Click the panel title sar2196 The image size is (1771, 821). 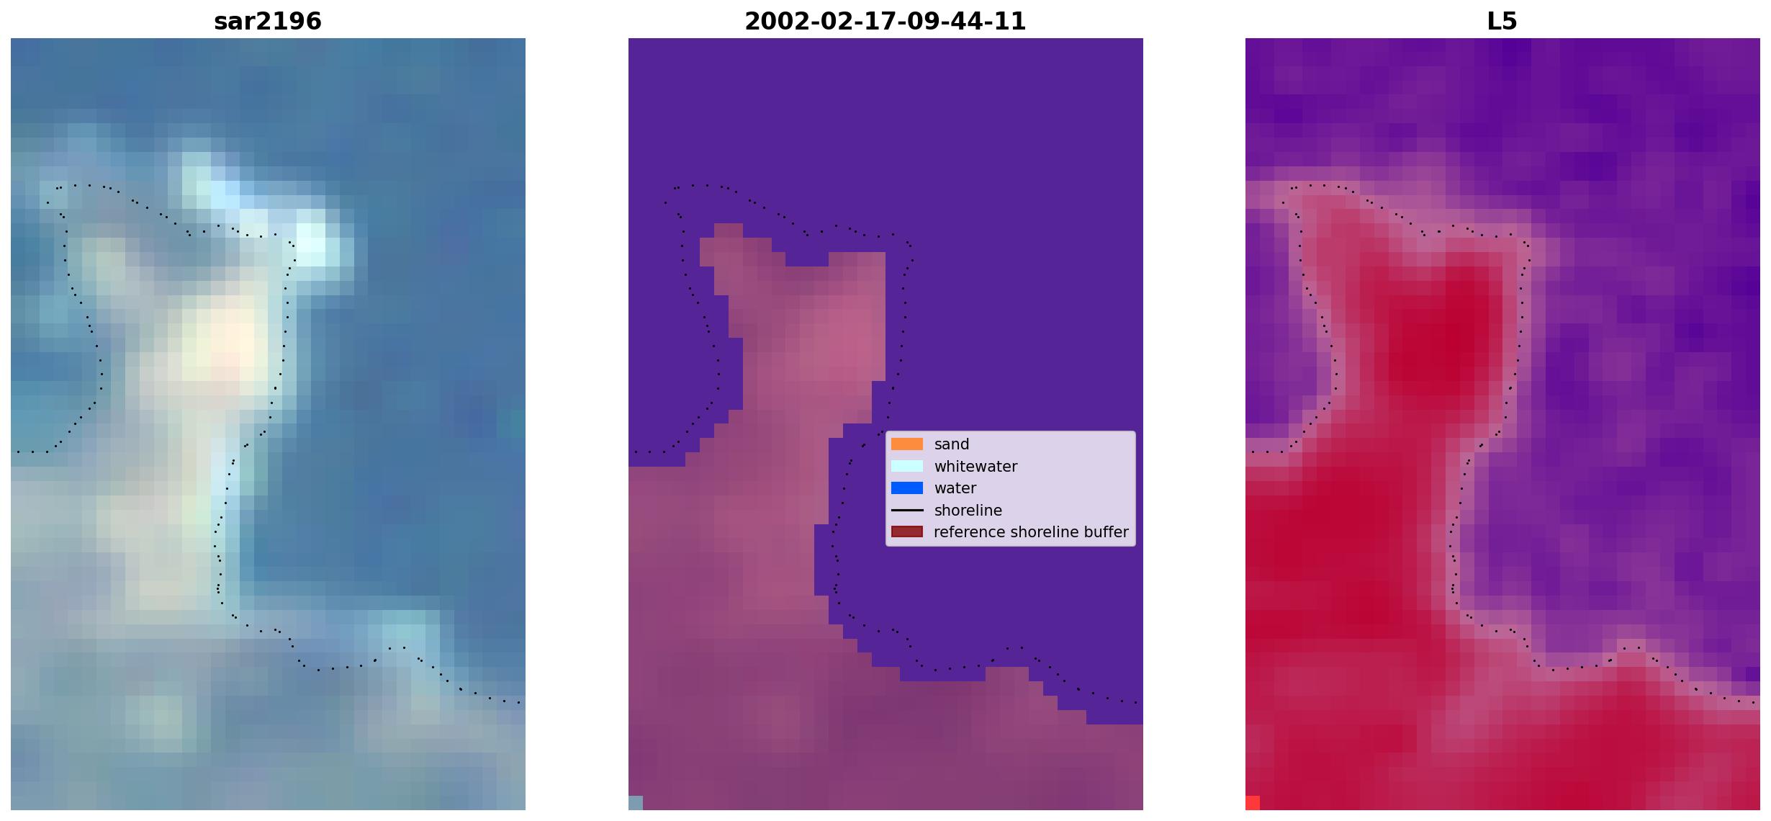268,22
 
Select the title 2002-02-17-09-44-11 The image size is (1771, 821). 886,22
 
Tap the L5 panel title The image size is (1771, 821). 1502,22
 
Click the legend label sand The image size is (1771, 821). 952,444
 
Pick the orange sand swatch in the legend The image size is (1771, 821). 907,444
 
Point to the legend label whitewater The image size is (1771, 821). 975,467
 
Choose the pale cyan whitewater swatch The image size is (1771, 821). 907,466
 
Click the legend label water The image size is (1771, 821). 955,488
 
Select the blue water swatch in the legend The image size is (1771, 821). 907,488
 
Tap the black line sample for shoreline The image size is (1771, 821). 907,510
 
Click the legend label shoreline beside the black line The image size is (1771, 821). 968,511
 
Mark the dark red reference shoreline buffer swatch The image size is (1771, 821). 907,531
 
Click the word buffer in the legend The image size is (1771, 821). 1106,532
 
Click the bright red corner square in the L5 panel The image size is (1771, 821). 1253,803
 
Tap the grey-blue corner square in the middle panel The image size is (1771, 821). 636,803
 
